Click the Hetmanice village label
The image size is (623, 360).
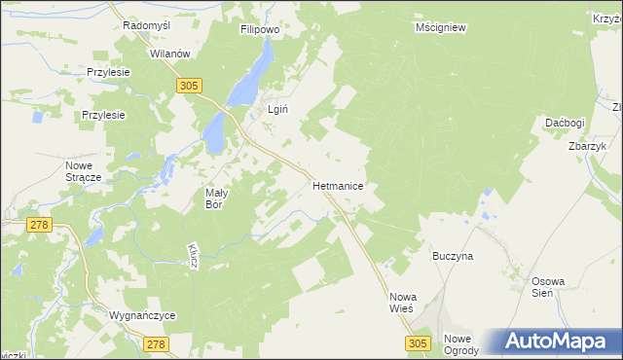338,183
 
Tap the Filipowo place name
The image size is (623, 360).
261,30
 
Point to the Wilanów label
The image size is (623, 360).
168,54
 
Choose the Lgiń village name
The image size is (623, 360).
277,110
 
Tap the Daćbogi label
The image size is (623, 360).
565,124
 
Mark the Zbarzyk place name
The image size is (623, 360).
588,146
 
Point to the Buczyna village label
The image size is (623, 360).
453,256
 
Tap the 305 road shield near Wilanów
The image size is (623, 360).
190,87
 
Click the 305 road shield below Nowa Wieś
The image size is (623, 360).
418,343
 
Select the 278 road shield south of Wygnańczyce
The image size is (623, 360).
155,343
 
